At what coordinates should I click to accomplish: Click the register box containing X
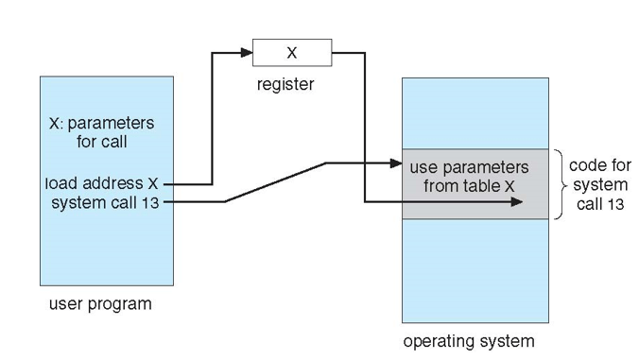point(292,53)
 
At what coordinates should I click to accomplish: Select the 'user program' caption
point(99,304)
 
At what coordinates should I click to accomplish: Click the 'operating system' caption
point(469,340)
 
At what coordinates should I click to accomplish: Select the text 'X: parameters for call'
point(101,132)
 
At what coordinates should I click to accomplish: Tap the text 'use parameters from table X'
point(469,177)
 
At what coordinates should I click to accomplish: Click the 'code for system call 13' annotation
point(600,184)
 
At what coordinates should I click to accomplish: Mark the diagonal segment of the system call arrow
point(274,182)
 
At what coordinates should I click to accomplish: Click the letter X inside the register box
point(292,53)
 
